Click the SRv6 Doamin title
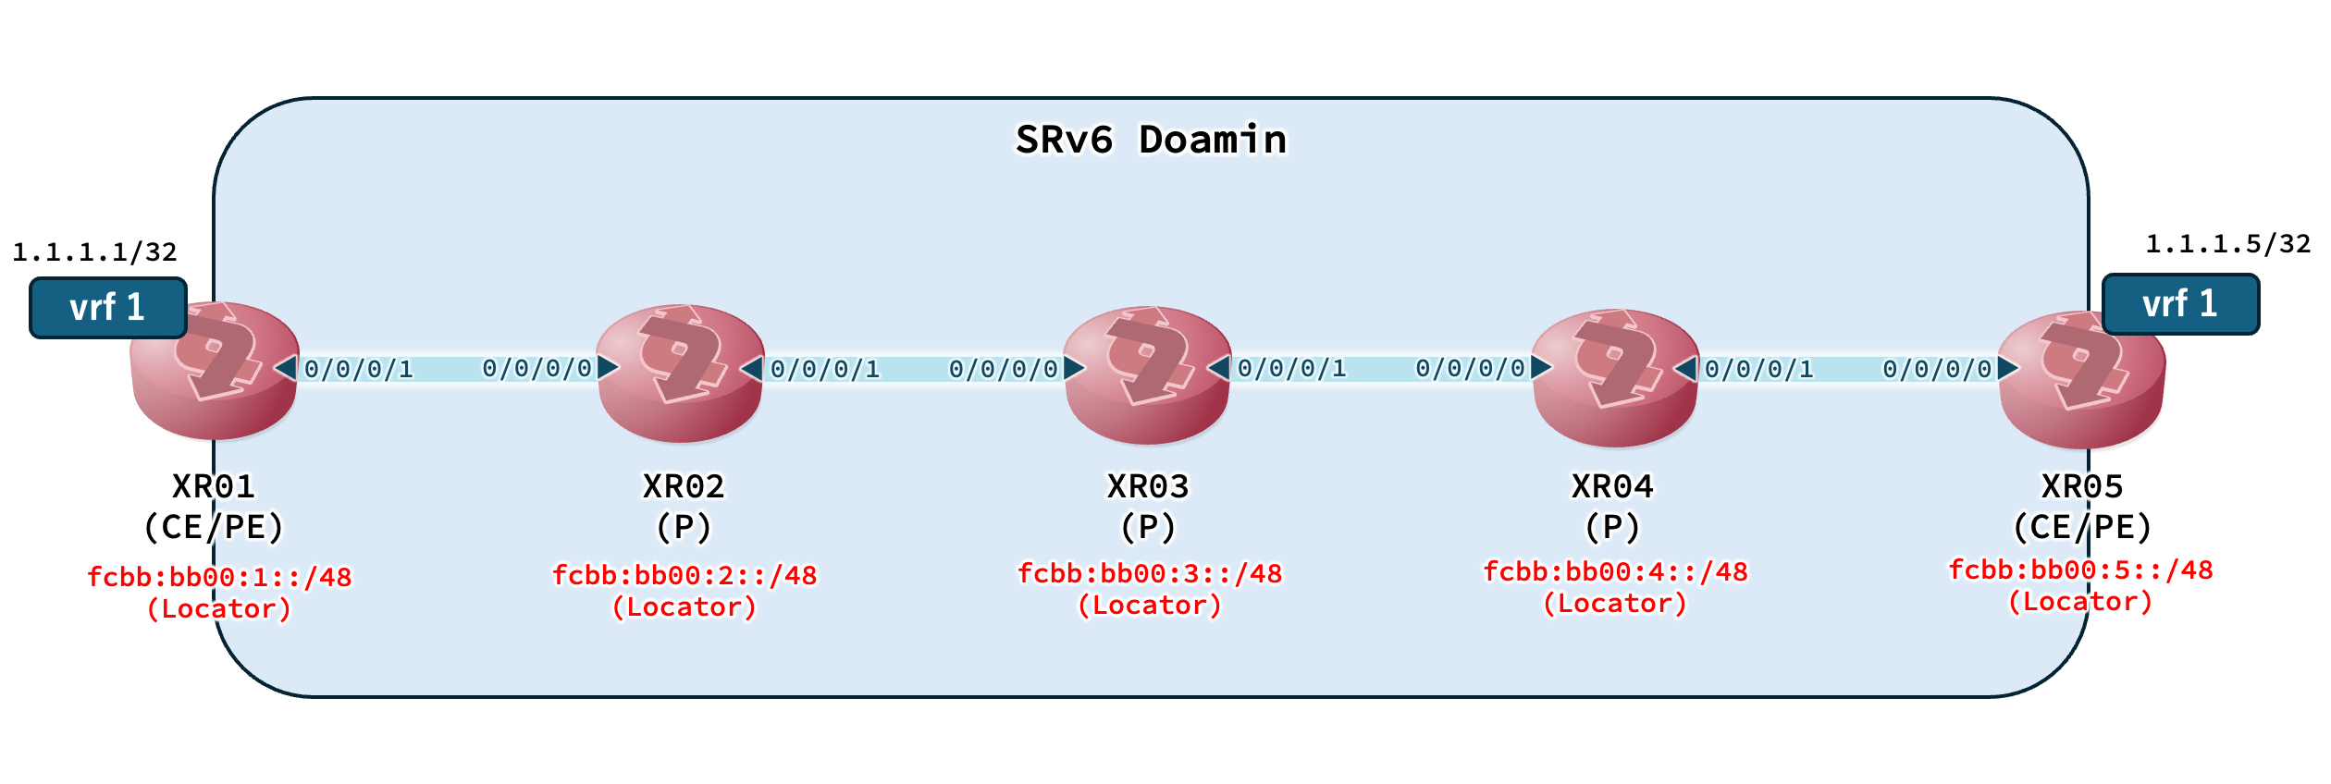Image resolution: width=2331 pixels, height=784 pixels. (x=1151, y=141)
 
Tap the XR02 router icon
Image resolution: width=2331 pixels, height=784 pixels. (x=681, y=373)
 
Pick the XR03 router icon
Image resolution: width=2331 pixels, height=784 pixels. (x=1147, y=374)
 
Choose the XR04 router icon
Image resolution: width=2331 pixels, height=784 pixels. (x=1615, y=377)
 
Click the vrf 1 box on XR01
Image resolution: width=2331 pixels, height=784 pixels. (x=108, y=308)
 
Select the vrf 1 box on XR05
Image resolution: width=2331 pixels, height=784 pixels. (x=2180, y=304)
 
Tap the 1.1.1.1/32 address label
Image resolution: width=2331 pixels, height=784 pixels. (x=94, y=251)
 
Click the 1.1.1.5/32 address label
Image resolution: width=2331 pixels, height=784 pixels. (x=2227, y=244)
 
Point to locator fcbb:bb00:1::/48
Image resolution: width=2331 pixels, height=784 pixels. (x=219, y=577)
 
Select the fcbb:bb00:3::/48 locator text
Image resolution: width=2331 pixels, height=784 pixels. (x=1150, y=573)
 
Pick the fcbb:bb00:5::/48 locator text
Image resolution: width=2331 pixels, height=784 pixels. (x=2080, y=570)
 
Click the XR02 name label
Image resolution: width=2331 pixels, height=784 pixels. (x=684, y=486)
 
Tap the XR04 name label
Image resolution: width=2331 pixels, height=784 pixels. (x=1612, y=486)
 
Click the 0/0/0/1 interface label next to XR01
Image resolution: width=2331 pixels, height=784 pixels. (x=359, y=370)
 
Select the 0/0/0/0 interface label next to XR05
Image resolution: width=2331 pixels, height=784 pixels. (x=1937, y=370)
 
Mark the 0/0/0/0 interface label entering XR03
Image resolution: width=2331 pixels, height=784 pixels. (x=1004, y=370)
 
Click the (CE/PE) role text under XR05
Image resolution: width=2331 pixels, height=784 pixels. (x=2082, y=527)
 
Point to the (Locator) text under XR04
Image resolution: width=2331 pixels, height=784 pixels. (x=1615, y=604)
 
